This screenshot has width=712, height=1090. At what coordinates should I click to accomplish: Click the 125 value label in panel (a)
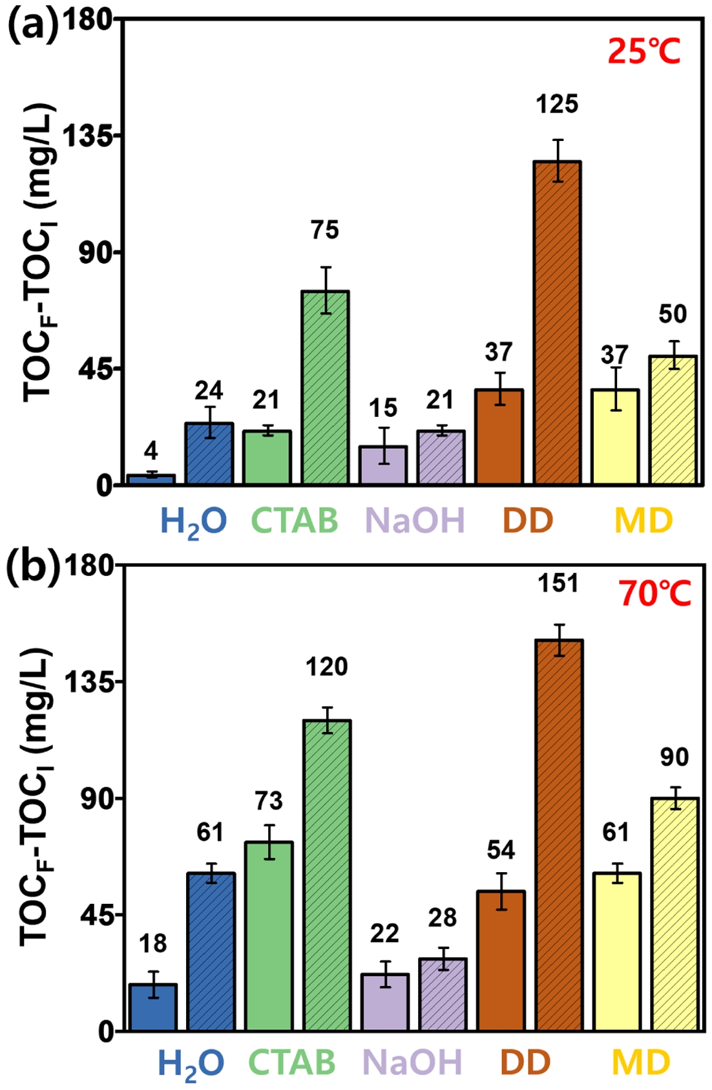(x=557, y=104)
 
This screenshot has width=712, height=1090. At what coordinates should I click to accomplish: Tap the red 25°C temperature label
(x=644, y=51)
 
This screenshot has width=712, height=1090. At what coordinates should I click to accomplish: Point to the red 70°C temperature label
(x=654, y=593)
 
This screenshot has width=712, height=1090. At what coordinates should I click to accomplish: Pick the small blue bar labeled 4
(x=151, y=479)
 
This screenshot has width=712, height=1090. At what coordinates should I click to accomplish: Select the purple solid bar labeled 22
(x=384, y=1001)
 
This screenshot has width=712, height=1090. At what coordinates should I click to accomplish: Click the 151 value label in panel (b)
(x=558, y=583)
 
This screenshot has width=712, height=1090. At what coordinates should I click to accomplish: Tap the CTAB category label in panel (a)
(x=294, y=520)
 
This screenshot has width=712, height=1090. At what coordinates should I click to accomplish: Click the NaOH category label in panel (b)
(x=412, y=1062)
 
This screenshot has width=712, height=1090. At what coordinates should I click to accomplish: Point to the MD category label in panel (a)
(x=643, y=520)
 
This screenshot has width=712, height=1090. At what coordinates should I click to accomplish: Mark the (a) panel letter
(x=33, y=27)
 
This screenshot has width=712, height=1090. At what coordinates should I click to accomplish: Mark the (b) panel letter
(x=33, y=567)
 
